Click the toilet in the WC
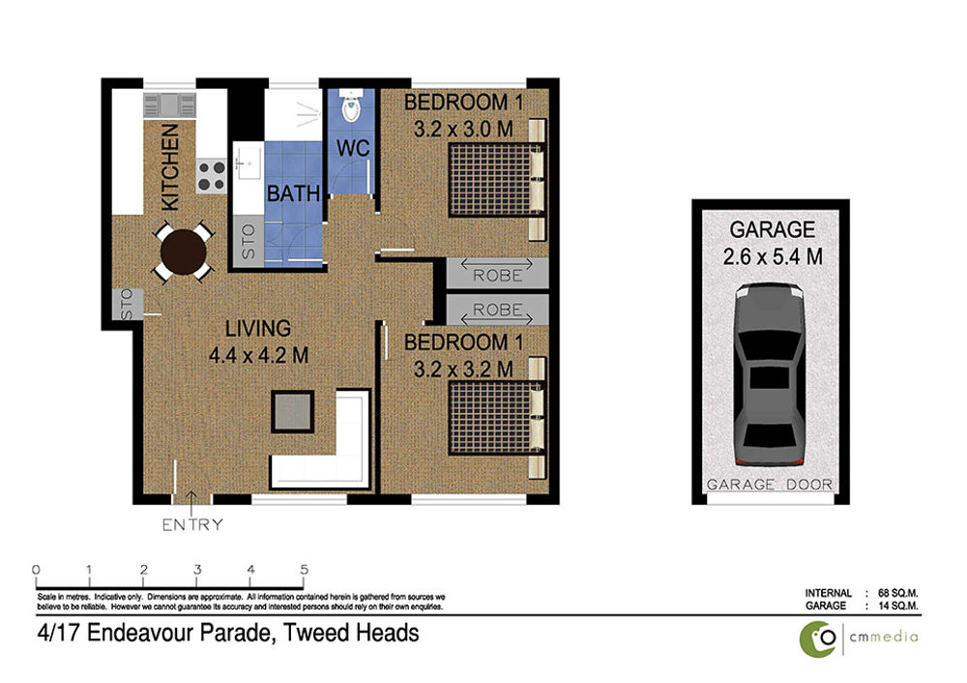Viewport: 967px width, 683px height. [350, 105]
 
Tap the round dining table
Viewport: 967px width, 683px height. [183, 252]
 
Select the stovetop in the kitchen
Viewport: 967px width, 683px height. [212, 175]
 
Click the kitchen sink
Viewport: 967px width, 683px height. [169, 104]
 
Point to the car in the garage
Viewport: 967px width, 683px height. [771, 375]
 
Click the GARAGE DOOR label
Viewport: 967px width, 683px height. [770, 485]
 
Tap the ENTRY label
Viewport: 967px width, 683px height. [192, 525]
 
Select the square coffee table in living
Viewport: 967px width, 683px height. [293, 411]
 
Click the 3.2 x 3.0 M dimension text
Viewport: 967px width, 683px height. [463, 129]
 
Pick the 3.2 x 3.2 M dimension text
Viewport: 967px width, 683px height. [463, 369]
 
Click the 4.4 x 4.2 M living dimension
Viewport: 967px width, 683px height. [258, 355]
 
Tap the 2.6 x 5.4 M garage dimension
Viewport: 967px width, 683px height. [773, 256]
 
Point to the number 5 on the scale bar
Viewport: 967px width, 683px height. [304, 570]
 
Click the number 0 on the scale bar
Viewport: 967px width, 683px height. [36, 570]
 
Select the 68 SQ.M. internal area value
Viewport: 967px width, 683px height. [898, 593]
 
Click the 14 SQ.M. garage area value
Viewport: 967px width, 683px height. [898, 606]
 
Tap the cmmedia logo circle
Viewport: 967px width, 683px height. [818, 639]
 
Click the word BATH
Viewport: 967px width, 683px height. [294, 193]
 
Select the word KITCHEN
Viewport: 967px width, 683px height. [169, 166]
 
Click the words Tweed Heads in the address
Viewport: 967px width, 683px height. [351, 633]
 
